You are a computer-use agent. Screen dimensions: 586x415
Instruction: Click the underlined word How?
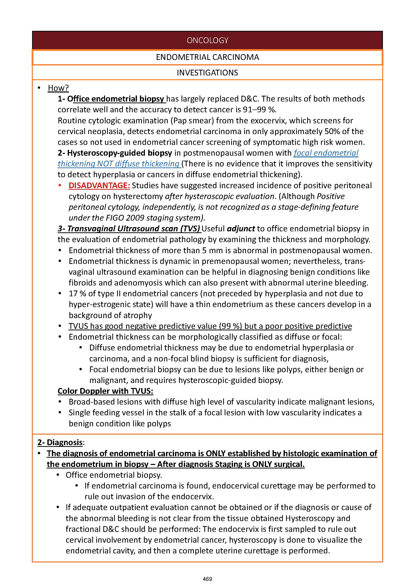point(58,88)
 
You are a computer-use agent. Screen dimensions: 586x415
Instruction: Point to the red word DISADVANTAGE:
point(99,185)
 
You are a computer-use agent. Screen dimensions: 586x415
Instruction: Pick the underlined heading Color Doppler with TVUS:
point(105,391)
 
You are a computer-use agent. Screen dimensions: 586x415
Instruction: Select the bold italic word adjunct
point(241,229)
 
